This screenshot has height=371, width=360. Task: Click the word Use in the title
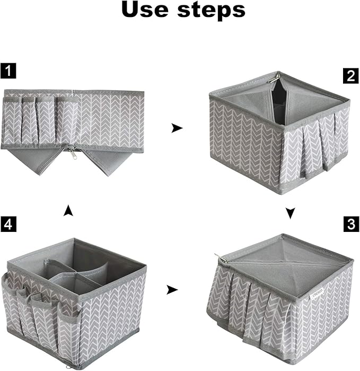(x=149, y=11)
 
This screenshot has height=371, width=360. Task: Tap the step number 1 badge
(x=8, y=68)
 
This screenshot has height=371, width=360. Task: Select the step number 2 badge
(x=350, y=75)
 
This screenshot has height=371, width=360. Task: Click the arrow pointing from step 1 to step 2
(x=177, y=128)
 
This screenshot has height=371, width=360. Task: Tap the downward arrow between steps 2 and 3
(x=290, y=213)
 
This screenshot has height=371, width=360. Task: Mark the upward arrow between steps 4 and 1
(x=68, y=211)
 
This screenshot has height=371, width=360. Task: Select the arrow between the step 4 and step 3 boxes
(x=171, y=290)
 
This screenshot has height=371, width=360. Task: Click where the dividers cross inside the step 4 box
(x=77, y=274)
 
